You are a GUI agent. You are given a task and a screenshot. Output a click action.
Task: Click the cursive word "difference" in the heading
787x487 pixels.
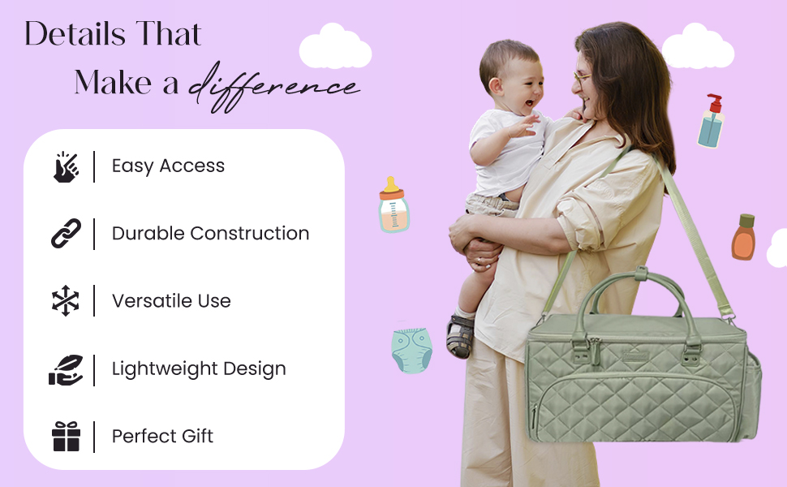[x=274, y=85]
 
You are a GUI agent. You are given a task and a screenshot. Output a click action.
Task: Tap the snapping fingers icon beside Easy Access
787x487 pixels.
[x=67, y=166]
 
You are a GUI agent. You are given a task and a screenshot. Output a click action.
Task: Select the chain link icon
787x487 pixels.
[x=66, y=234]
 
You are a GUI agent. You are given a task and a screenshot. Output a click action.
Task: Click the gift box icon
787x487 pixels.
[x=66, y=437]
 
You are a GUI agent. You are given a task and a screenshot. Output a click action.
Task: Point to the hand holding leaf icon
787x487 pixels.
[x=66, y=369]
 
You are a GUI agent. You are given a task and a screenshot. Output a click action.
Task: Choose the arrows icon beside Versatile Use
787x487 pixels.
[x=66, y=301]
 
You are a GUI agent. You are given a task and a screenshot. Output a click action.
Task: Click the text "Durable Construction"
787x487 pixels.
[x=210, y=234]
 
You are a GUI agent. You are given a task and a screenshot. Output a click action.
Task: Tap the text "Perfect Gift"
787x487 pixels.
[x=162, y=437]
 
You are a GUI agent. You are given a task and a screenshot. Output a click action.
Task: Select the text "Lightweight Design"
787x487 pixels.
[x=199, y=369]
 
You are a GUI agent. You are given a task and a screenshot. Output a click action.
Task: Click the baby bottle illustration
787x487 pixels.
[x=393, y=206]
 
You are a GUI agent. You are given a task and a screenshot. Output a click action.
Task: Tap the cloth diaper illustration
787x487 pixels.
[x=412, y=350]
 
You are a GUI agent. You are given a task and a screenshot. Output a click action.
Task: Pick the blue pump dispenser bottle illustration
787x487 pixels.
[x=712, y=122]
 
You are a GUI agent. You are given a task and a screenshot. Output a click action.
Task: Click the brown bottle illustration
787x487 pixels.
[x=743, y=237]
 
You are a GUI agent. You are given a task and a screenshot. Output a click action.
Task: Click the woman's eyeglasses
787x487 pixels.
[x=581, y=78]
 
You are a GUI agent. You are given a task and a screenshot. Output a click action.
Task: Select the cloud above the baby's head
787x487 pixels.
[x=335, y=48]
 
